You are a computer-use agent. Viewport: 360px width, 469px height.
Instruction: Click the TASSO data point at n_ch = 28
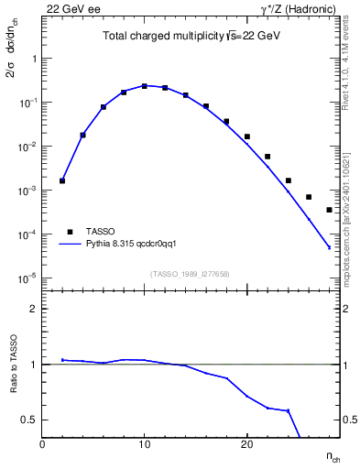329,210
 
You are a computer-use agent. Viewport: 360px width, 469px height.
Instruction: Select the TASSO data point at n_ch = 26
309,197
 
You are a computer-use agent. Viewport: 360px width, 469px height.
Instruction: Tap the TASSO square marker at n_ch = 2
62,180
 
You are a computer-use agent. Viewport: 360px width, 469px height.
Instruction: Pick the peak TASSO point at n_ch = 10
145,86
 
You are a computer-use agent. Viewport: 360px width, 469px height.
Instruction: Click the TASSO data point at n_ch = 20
247,136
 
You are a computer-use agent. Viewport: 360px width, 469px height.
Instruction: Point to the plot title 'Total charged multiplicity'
151,38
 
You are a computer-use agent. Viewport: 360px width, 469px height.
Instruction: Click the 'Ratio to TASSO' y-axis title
14,364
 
